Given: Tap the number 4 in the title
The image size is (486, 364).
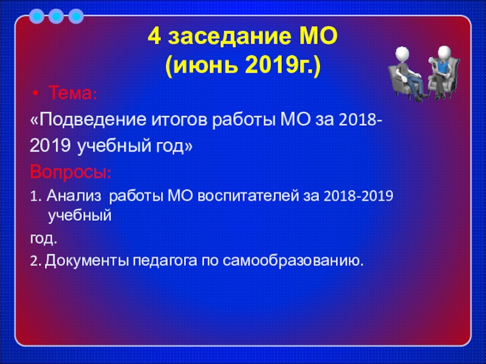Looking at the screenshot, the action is tap(154, 36).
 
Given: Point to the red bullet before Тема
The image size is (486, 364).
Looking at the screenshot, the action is tap(36, 93).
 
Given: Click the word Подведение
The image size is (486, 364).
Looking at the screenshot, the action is tap(92, 120).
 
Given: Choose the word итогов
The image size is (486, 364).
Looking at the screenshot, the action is tap(179, 120).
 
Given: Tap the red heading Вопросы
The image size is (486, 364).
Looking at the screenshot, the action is tap(70, 172).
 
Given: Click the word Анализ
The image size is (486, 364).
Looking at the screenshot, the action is tap(74, 196).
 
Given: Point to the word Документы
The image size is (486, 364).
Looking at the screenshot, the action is tap(87, 261).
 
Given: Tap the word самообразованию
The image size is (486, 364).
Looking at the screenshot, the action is tap(293, 261).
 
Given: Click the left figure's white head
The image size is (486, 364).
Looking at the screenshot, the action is tap(402, 53).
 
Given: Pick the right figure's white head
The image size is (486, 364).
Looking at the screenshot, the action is tap(444, 52).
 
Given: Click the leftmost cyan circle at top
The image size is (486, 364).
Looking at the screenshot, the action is tap(36, 16).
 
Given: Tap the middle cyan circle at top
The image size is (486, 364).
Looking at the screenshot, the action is tap(56, 16).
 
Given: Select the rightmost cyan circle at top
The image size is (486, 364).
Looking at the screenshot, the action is tap(77, 16).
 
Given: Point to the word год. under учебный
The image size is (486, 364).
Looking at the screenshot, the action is tap(44, 238).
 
